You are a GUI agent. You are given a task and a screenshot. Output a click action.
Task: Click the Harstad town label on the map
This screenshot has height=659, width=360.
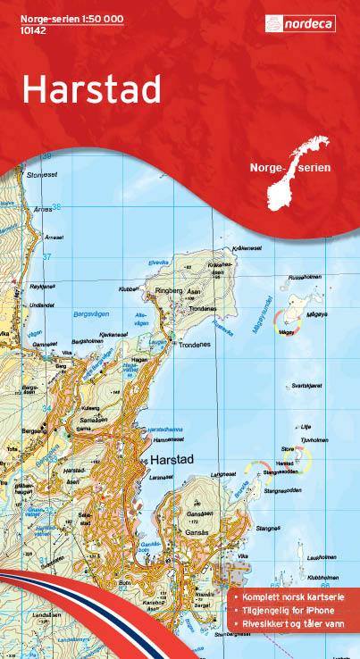pos(171,458)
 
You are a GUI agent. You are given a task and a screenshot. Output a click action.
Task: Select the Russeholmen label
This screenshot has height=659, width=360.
pos(302,277)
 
